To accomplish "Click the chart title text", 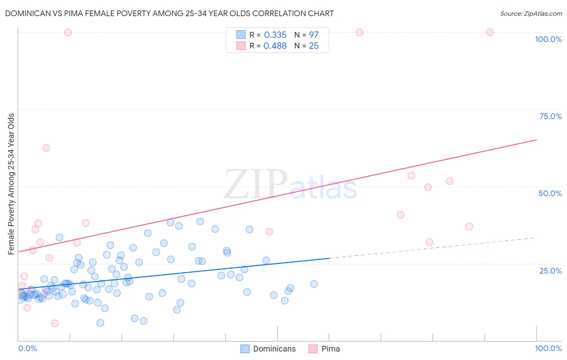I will [x=169, y=13].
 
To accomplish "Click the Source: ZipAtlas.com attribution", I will [x=531, y=13].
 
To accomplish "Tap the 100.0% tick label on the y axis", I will [x=548, y=39].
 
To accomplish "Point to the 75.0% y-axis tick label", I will [x=550, y=116].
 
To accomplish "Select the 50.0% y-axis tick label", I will [x=550, y=193].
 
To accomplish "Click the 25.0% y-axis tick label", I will [x=550, y=271].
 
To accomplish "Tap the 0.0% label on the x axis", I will [x=27, y=348].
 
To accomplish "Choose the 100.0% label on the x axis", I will [x=548, y=348].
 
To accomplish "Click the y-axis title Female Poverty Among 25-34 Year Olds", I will [x=11, y=184].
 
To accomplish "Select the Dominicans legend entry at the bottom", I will [x=274, y=349].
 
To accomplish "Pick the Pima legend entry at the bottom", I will [x=330, y=349].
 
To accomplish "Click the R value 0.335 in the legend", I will [x=275, y=35].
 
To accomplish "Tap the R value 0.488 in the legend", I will [x=275, y=46].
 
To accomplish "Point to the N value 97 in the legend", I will [x=314, y=35].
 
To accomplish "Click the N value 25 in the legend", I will [x=314, y=46].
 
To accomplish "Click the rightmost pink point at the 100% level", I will [x=490, y=32].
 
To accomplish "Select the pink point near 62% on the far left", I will [x=46, y=148].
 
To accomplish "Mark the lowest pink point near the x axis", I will [x=55, y=323].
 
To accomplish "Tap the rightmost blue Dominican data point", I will [x=314, y=284].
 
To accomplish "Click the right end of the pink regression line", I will [x=536, y=140].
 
